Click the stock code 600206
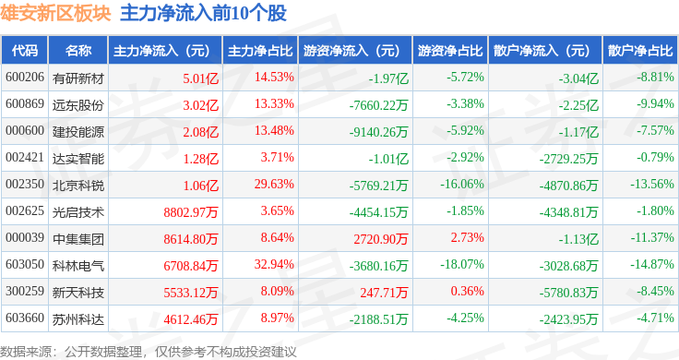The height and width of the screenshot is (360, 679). [25, 78]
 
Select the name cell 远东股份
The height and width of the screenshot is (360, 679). [78, 105]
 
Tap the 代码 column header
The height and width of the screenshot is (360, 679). [25, 51]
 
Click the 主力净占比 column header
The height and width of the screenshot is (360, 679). [260, 51]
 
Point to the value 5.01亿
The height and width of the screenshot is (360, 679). [200, 78]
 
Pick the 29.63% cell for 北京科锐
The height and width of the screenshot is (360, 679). [274, 184]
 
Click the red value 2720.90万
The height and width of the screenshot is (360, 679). [381, 239]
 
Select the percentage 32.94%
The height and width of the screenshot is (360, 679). [274, 264]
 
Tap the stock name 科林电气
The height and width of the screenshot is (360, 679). [78, 266]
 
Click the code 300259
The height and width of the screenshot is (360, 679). [25, 291]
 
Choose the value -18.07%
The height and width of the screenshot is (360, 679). [462, 264]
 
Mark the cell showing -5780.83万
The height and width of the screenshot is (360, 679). [568, 293]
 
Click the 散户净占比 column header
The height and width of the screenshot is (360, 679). [640, 51]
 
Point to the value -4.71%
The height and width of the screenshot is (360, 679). [655, 318]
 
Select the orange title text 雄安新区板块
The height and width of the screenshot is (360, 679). [55, 13]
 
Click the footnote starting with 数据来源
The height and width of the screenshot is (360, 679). [149, 352]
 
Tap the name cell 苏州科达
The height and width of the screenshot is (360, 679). [78, 319]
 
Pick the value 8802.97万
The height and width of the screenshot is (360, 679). [191, 212]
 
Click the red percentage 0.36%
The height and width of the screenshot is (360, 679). [467, 291]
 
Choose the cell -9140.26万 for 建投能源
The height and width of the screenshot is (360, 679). [378, 132]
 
